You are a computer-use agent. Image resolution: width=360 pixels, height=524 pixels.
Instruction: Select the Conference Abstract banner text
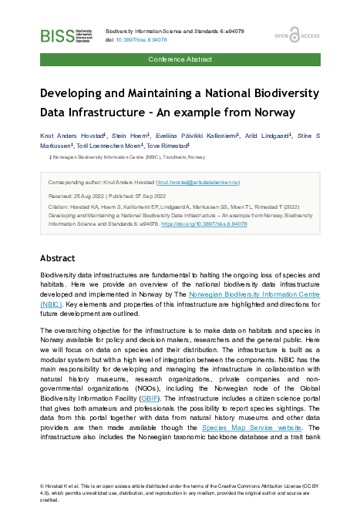coord(180,59)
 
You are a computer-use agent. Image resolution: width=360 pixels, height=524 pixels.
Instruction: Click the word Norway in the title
coord(270,112)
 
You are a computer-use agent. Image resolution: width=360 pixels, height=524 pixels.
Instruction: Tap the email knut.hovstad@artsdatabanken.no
coord(198,182)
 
